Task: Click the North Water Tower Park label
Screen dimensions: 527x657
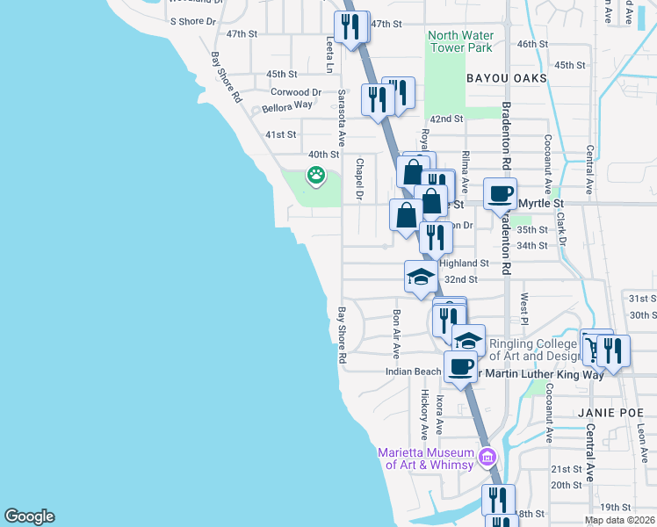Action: [x=460, y=42]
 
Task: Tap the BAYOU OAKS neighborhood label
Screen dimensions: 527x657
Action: [x=507, y=78]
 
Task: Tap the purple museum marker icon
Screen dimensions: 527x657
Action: [x=487, y=457]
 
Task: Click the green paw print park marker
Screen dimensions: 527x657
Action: [x=315, y=175]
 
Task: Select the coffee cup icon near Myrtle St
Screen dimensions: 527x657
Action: [x=500, y=194]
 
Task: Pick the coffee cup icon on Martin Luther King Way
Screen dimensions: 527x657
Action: [x=460, y=366]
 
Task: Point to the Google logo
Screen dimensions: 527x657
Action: [x=29, y=516]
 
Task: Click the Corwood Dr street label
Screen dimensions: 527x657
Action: [x=296, y=91]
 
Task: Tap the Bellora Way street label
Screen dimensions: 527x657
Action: [x=287, y=105]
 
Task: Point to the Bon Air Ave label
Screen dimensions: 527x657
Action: [x=396, y=333]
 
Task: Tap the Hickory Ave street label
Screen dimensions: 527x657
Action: [x=424, y=414]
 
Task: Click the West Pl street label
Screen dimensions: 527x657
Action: [x=524, y=308]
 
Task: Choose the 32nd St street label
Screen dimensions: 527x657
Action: [x=460, y=279]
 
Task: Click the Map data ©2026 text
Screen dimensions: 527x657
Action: [x=618, y=520]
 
